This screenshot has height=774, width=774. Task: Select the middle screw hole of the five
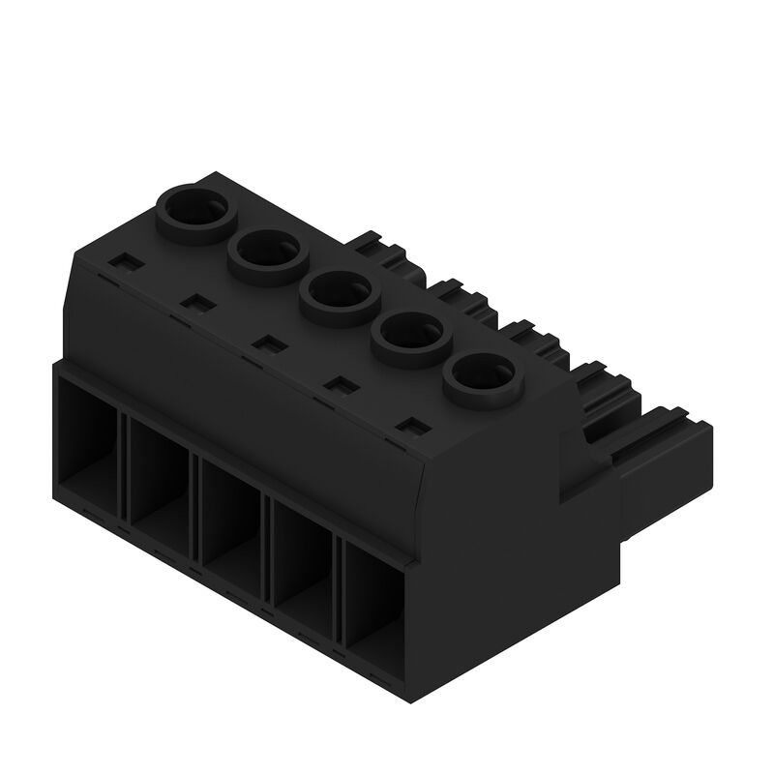click(336, 292)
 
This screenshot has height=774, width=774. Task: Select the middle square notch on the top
click(265, 342)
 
